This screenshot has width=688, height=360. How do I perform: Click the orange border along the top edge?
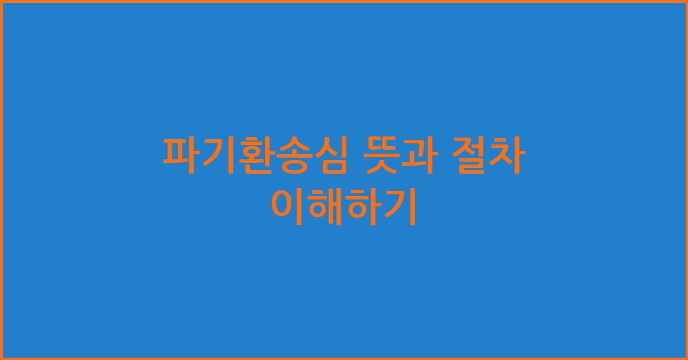344,1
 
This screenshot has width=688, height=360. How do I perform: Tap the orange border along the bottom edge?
344,358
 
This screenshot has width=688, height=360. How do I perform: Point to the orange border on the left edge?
1,180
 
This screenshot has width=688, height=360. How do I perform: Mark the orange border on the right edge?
686,180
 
